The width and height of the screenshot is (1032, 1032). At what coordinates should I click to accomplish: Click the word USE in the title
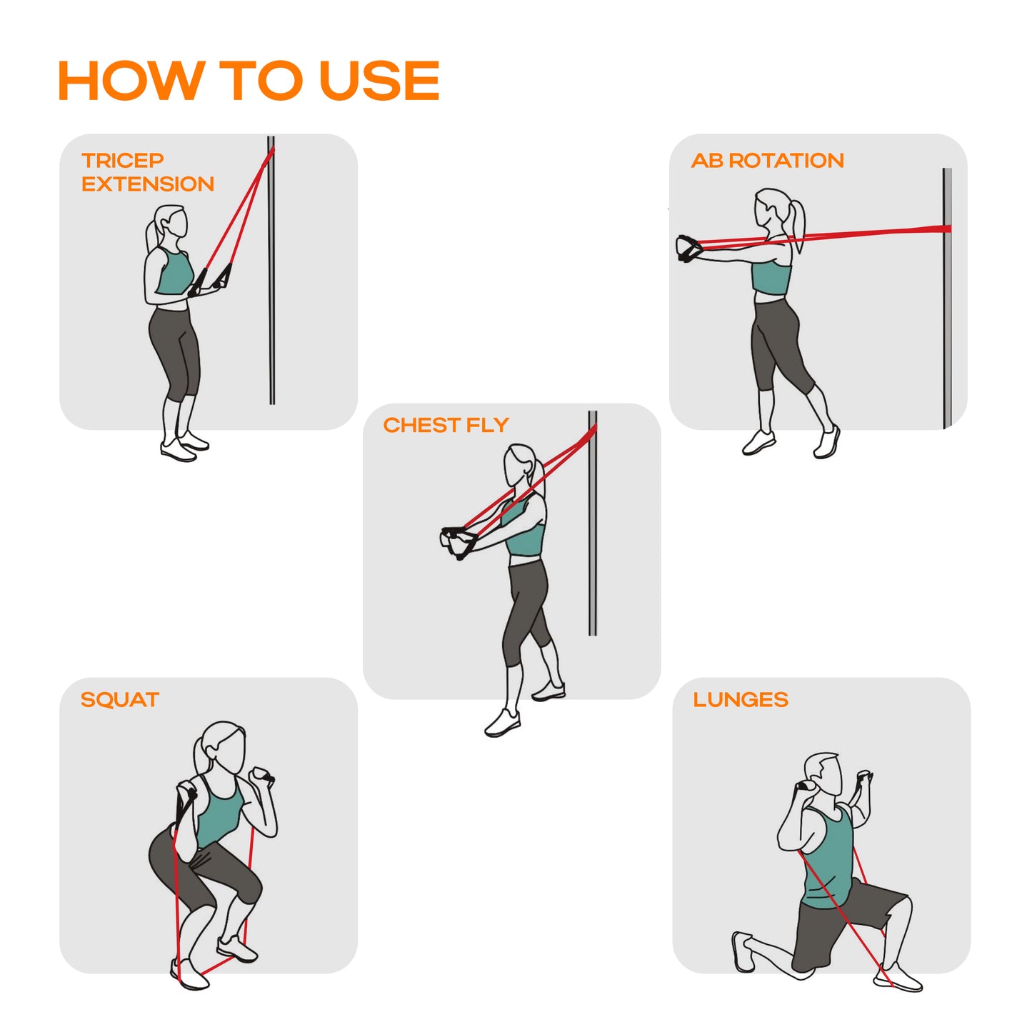[x=379, y=80]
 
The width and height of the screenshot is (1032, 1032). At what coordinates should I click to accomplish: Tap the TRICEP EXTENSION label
[x=148, y=172]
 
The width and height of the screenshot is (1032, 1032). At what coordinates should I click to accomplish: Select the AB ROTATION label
[x=767, y=160]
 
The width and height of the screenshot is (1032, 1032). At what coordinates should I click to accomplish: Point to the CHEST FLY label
[x=446, y=425]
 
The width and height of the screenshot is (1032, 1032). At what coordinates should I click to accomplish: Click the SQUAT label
[x=120, y=699]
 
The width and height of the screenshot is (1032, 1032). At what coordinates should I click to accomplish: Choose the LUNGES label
[x=741, y=699]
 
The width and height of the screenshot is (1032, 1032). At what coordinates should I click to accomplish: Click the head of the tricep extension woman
[x=172, y=222]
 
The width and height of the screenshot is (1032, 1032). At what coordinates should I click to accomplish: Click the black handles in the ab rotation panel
[x=688, y=249]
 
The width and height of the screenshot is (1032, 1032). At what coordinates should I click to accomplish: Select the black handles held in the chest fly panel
[x=458, y=542]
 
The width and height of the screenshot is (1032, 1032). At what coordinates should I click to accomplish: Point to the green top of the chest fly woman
[x=523, y=528]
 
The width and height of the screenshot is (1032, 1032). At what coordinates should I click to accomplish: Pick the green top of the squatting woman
[x=219, y=814]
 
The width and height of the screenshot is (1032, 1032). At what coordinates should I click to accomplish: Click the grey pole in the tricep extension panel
[x=271, y=271]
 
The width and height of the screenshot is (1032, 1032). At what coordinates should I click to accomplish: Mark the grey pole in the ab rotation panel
[x=947, y=299]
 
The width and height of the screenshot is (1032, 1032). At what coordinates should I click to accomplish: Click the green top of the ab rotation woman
[x=771, y=275]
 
